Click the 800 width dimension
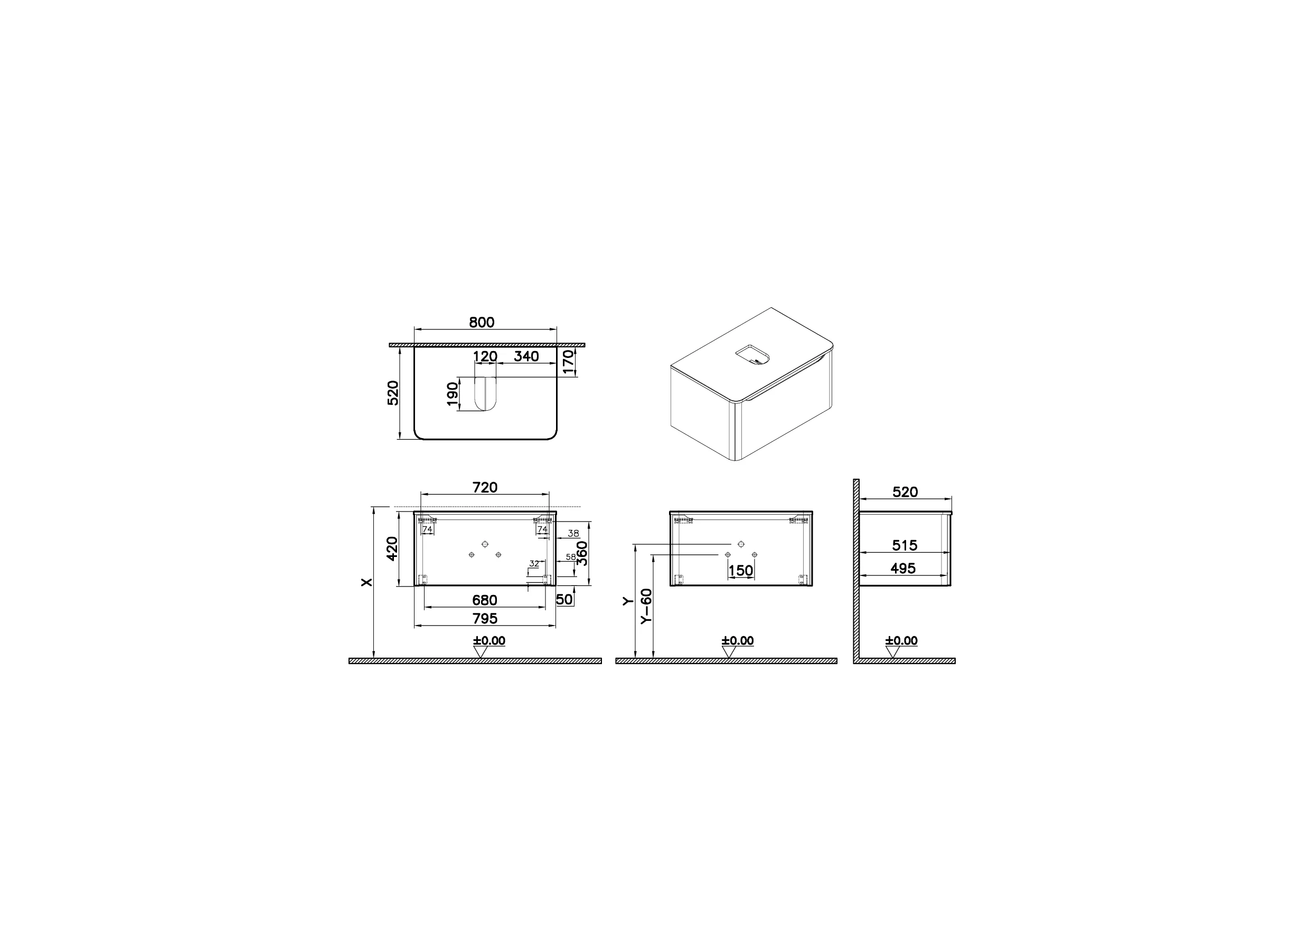[482, 322]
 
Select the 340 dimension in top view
[526, 356]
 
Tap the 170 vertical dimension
[568, 362]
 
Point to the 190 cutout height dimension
[453, 394]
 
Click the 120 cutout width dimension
[485, 357]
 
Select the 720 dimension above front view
[485, 487]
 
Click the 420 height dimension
[392, 549]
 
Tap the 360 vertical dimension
[582, 553]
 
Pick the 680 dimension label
[484, 600]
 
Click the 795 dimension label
[484, 619]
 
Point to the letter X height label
[367, 582]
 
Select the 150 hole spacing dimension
[740, 570]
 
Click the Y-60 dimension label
[646, 607]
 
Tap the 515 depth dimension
[904, 546]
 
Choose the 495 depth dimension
[903, 569]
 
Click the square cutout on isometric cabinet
[752, 355]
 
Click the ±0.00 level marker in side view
[901, 641]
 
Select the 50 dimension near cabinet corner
[564, 599]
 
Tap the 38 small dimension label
[573, 534]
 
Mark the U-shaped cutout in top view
[485, 393]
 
